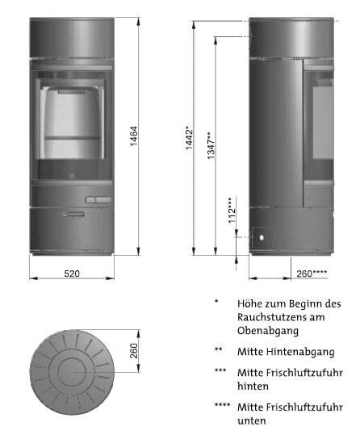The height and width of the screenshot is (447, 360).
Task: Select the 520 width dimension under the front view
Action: coord(72,274)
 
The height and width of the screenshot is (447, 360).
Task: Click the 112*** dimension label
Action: coord(231,210)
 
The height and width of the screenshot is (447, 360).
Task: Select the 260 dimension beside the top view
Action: coord(135,351)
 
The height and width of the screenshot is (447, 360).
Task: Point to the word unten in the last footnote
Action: coord(251,420)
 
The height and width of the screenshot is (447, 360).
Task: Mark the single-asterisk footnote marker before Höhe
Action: coord(216,303)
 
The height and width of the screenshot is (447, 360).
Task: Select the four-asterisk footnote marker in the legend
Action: coord(222,406)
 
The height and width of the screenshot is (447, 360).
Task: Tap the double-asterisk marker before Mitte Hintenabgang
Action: coord(218,350)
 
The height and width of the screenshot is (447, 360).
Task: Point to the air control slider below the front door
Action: coord(98,198)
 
